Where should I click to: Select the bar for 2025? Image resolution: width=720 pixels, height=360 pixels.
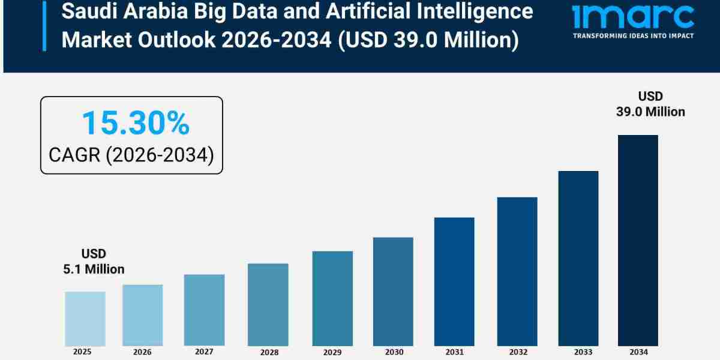[x=85, y=319]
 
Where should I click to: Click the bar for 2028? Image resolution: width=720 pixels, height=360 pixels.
[x=268, y=305]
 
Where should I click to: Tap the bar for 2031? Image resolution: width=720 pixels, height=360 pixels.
[x=454, y=281]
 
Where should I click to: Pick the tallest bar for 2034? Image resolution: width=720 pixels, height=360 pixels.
[x=638, y=240]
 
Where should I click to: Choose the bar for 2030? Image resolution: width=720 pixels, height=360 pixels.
[x=393, y=292]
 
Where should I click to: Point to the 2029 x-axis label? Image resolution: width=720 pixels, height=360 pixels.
[x=332, y=352]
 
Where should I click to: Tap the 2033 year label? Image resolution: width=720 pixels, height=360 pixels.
[x=578, y=352]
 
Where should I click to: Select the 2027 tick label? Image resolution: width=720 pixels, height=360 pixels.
[x=204, y=352]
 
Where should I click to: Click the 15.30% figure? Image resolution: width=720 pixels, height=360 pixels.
[x=135, y=123]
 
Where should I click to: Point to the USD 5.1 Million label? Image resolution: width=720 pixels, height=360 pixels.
[x=94, y=262]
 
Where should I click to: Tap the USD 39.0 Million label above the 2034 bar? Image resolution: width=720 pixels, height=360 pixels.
[x=650, y=104]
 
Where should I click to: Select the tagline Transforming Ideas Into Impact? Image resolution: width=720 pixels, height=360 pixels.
[x=633, y=36]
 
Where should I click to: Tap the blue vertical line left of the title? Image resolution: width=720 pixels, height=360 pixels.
[x=44, y=25]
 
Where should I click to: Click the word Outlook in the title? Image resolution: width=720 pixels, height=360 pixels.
[x=190, y=41]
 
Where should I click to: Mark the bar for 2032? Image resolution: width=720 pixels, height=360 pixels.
[x=517, y=271]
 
